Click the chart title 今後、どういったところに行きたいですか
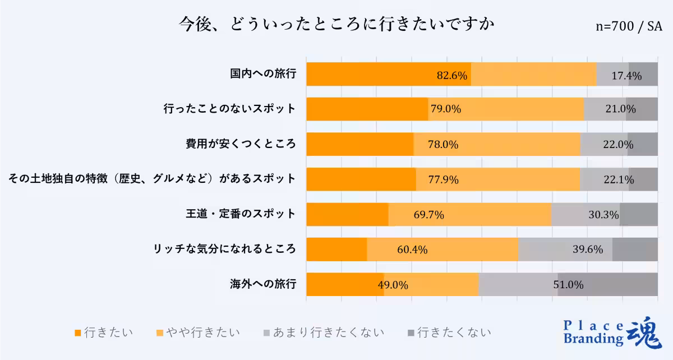pos(336,25)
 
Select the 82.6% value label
pos(452,76)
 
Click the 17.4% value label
pos(626,76)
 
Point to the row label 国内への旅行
pos(263,73)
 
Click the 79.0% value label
pos(446,109)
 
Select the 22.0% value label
pos(618,145)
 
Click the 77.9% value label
pos(444,180)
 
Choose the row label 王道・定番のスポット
pos(241,214)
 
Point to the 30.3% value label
pos(604,215)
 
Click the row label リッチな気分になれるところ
pos(225,249)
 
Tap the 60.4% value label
pos(413,250)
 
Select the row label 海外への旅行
pos(263,284)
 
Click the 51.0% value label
pos(569,285)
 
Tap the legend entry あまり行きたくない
pos(324,333)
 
